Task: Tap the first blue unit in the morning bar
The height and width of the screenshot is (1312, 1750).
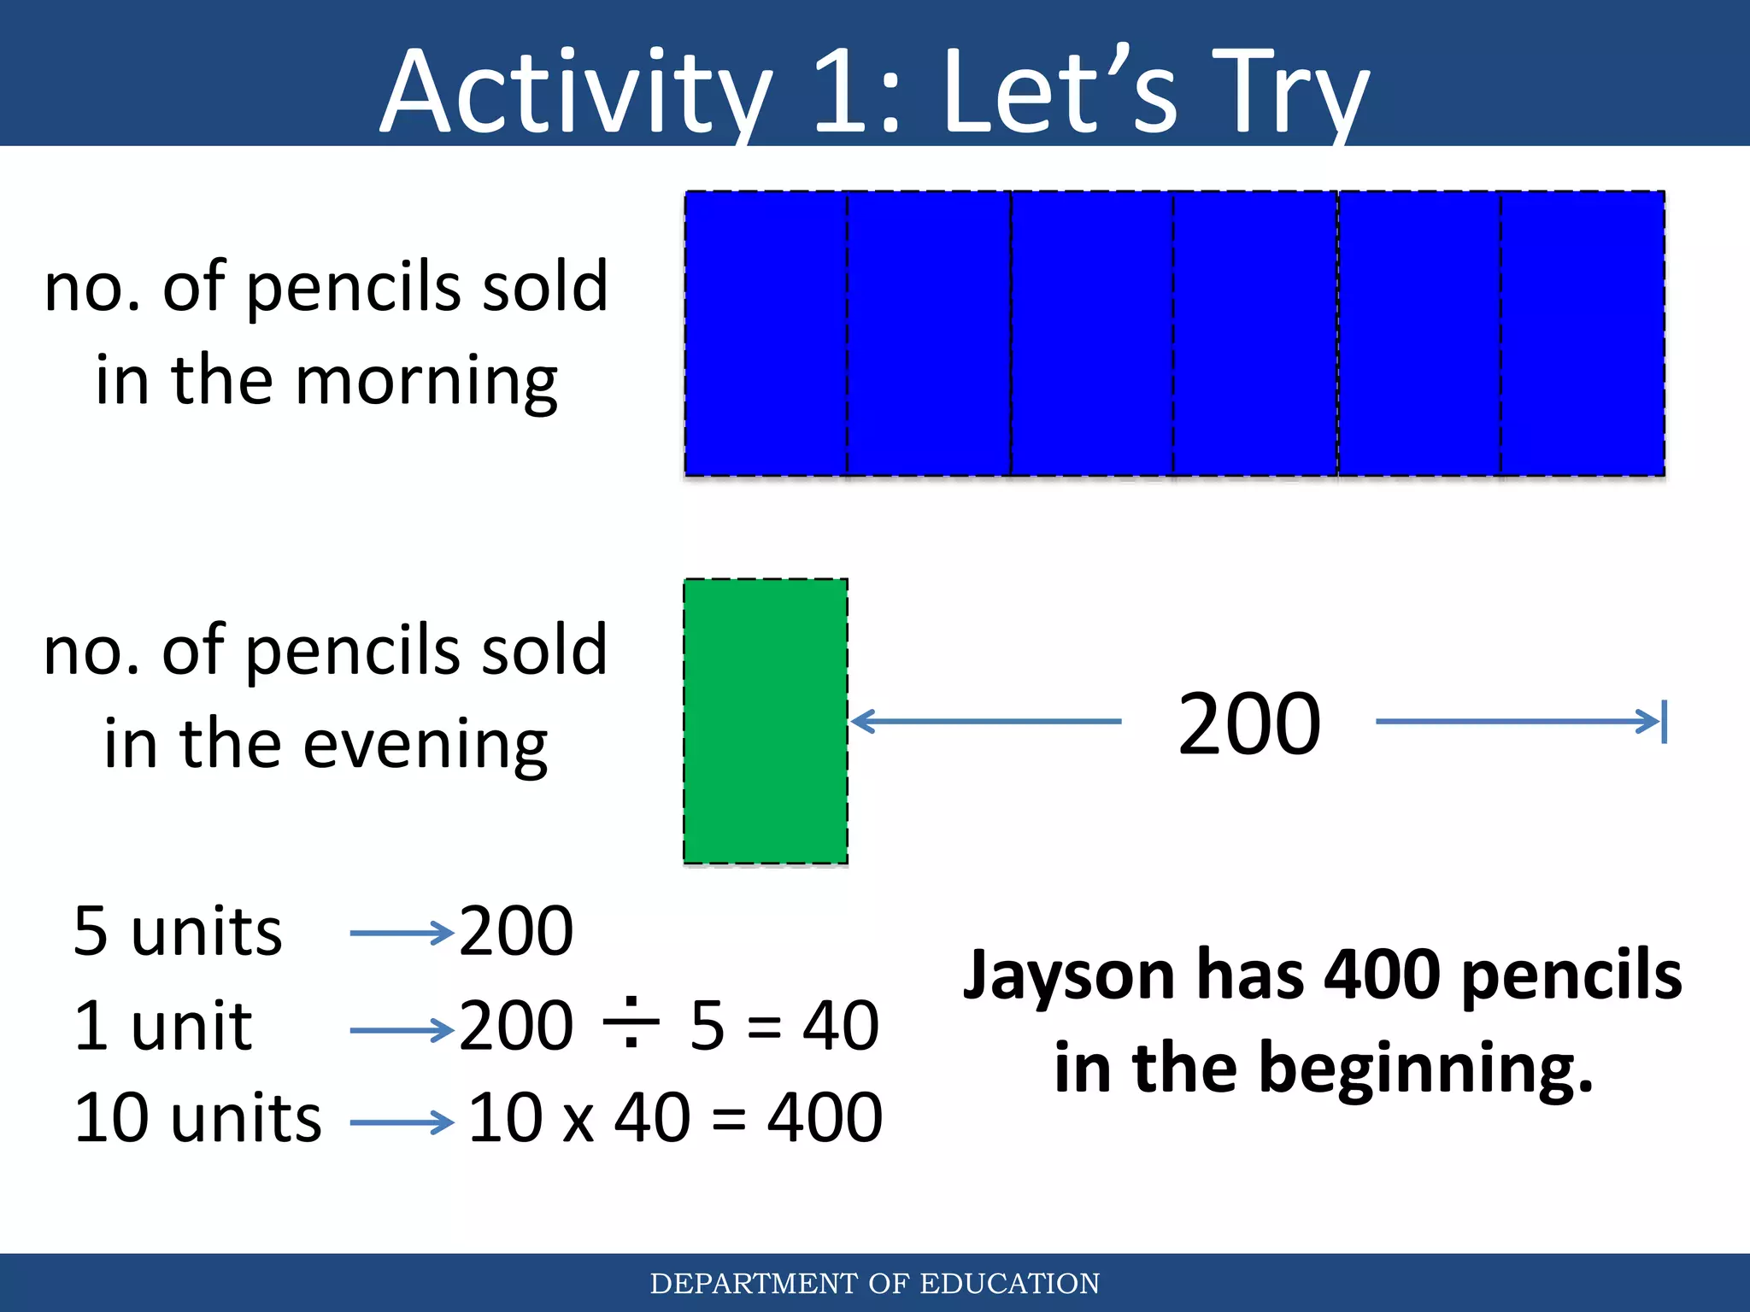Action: pos(766,333)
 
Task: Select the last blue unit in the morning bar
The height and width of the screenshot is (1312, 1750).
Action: pos(1583,333)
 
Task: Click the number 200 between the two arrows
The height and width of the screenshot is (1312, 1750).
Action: pos(1249,724)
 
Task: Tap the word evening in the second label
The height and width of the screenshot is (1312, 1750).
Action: pos(426,745)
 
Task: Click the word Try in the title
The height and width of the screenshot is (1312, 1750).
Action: pos(1290,92)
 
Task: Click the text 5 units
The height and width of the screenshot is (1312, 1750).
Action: pos(178,931)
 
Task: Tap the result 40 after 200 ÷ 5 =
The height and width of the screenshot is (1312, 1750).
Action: pos(841,1025)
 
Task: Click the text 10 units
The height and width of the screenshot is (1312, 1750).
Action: pos(198,1118)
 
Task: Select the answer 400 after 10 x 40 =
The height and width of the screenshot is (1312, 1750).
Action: pos(825,1118)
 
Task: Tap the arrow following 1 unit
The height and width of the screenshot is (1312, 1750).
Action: pos(402,1031)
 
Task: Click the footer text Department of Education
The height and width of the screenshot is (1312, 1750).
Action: pos(875,1283)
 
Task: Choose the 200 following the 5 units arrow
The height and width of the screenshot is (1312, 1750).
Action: pos(516,931)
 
